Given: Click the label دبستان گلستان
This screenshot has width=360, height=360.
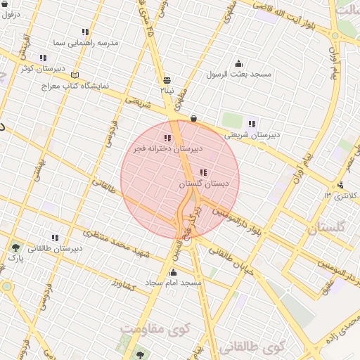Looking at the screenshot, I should coord(205,184).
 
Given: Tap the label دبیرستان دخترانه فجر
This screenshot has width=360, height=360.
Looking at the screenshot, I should coord(168,149).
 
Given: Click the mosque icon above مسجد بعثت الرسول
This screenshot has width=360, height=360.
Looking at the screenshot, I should coord(238,63).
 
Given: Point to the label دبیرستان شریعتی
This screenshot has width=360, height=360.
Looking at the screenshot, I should coord(252,134).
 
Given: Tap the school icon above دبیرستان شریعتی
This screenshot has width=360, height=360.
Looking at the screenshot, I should coord(252,124).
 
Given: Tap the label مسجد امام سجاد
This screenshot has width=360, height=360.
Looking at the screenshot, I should coord(173,282).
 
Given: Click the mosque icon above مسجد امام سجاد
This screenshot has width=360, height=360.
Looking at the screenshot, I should coord(173,272).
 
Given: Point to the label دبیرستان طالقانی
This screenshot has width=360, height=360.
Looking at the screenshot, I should coord(55,247).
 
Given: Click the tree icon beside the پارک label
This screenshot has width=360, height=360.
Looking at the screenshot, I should coord(15,247).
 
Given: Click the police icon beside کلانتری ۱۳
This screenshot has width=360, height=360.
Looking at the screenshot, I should coord(341,186).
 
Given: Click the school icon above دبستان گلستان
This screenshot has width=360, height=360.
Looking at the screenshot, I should coord(204,172).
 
